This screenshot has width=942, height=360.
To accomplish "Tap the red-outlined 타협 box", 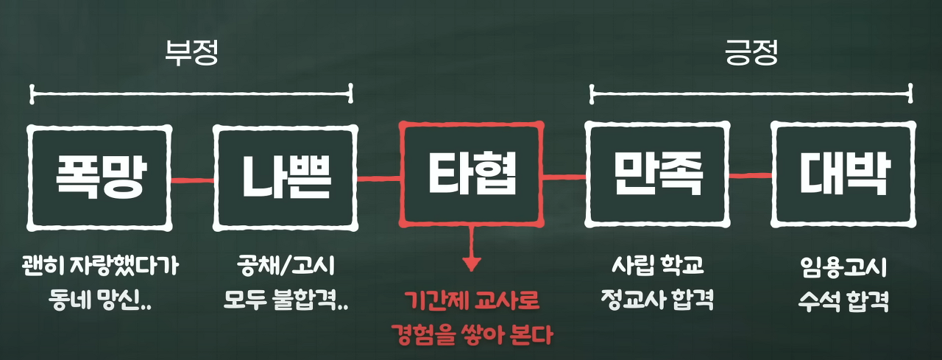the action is click(471, 174).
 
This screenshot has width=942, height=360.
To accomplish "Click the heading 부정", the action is click(191, 54).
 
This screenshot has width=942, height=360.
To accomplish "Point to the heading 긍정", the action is click(751, 54).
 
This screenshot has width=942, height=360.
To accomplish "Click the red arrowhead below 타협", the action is click(471, 263).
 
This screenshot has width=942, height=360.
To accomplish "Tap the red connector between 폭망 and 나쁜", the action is click(192, 179).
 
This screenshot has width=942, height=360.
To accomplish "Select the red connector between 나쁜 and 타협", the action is click(378, 177).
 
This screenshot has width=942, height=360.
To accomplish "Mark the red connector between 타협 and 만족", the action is click(564, 176).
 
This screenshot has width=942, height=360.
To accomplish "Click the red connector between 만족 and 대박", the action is click(751, 175).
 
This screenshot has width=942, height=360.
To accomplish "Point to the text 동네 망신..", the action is click(100, 300).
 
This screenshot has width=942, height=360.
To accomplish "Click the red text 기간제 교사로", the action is click(471, 301).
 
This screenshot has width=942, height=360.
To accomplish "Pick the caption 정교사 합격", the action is click(657, 300).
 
